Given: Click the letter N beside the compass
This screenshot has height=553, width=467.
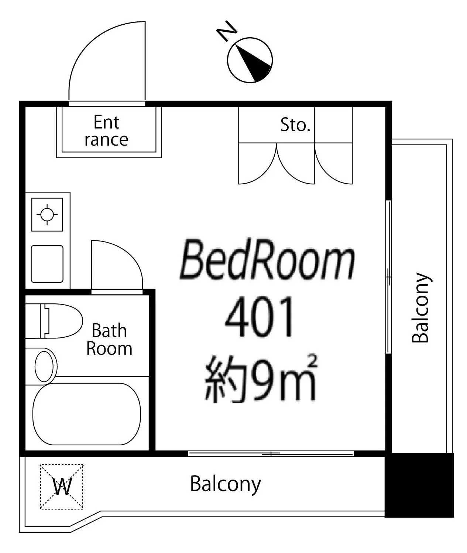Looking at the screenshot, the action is (227, 31).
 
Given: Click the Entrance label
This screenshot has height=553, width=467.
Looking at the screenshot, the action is (107, 131).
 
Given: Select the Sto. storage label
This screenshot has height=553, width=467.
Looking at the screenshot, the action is (295, 125).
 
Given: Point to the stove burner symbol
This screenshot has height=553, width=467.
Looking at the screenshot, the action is (47, 215).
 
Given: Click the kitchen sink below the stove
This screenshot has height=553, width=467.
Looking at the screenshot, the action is (47, 264).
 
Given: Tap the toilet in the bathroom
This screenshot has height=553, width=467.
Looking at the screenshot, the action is (54, 321).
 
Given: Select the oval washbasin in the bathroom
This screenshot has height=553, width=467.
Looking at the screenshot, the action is (44, 366).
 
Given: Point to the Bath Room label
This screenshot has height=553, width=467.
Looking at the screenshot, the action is (109, 340).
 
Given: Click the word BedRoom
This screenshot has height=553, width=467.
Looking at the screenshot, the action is (267, 259).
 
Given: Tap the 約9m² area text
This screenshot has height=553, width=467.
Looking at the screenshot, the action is (261, 379).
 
